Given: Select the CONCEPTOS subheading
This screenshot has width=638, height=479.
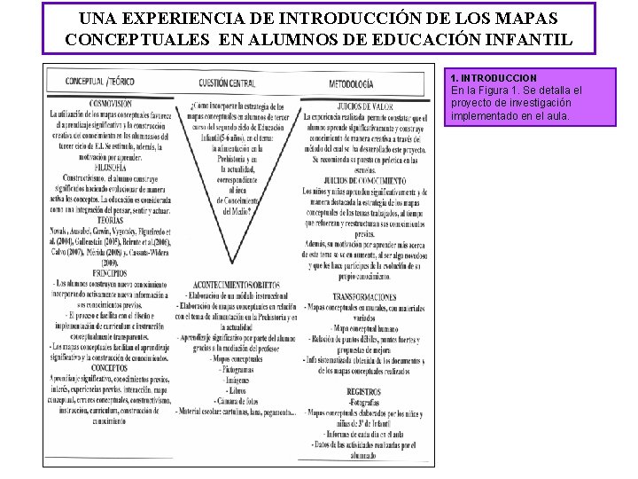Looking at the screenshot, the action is click(110, 366).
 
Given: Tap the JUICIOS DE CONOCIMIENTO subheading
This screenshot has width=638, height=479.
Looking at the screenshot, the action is click(365, 179).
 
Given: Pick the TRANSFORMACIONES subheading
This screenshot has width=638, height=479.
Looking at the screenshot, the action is click(365, 296).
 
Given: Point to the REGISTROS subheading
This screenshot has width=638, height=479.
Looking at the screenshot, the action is click(365, 389).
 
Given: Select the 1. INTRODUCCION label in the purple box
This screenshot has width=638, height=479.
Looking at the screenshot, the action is click(494, 79).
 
